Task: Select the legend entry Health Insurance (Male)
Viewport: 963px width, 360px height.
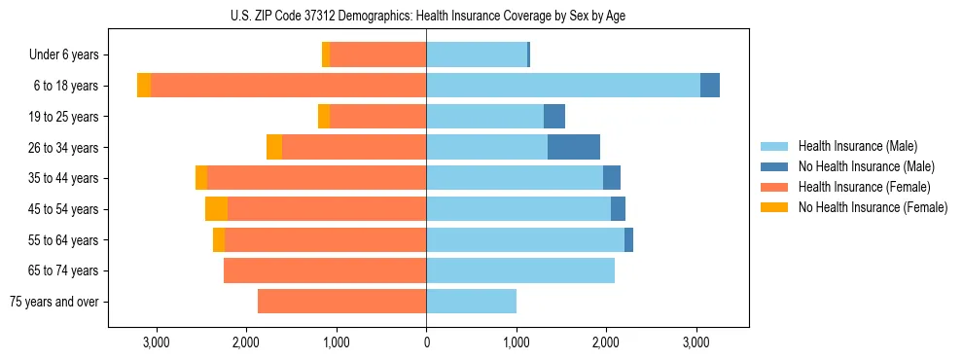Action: pos(857,146)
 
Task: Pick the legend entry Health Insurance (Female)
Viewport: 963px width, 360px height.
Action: pos(864,187)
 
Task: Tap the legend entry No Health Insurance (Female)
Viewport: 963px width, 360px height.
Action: pos(873,207)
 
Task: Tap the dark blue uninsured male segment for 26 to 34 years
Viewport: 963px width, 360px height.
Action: pos(574,147)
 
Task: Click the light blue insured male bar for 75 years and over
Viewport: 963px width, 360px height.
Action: pos(471,301)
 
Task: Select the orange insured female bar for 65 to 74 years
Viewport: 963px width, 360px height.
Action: pos(325,270)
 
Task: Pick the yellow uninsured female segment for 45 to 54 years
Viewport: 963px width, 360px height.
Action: pos(216,208)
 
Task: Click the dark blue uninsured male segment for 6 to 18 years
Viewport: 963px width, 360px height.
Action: pos(710,86)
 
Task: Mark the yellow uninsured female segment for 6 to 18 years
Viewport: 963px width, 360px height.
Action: pos(144,86)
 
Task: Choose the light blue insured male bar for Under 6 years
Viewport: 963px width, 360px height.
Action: pos(477,54)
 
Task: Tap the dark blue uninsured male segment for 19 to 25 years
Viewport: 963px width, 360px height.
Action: pos(554,117)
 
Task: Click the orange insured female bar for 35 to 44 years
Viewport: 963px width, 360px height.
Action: pos(316,178)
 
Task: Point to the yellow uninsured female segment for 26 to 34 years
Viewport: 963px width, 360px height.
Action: pos(274,147)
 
